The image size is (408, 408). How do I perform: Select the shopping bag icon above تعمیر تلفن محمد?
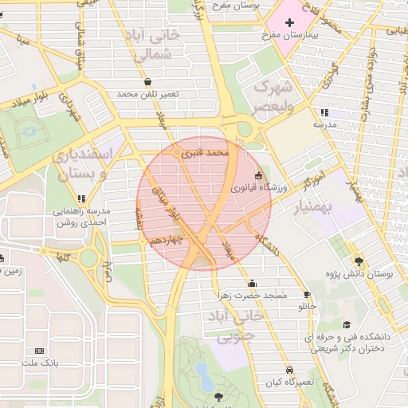pos(148,81)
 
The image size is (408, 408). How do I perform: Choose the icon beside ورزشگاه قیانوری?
pos(258,176)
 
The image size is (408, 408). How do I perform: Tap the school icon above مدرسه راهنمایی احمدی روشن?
pos(81,198)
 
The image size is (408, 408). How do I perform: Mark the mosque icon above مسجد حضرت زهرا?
pos(253,283)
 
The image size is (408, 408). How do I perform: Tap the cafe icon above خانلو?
pos(312,293)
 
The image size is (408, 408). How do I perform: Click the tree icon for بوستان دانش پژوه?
pos(359,261)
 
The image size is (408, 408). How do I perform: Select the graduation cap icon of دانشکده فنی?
pos(347,324)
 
